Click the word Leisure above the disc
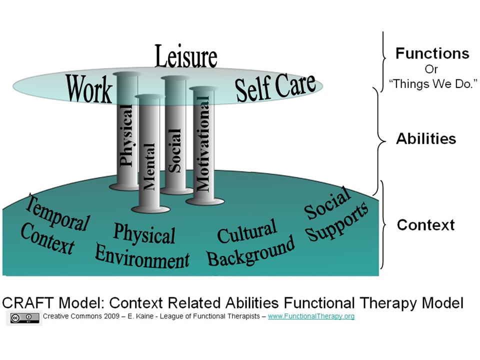coord(185,56)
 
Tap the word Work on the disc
coord(89,89)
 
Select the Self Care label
coord(275,87)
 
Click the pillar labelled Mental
coord(149,160)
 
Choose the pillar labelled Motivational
coord(203,145)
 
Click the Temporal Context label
coord(54,224)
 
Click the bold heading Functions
coord(432,54)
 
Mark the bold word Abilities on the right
coord(426,138)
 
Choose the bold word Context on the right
coord(425,225)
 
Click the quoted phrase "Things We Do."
coord(433,83)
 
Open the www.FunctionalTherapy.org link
coord(311,316)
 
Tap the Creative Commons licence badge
coord(23,317)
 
